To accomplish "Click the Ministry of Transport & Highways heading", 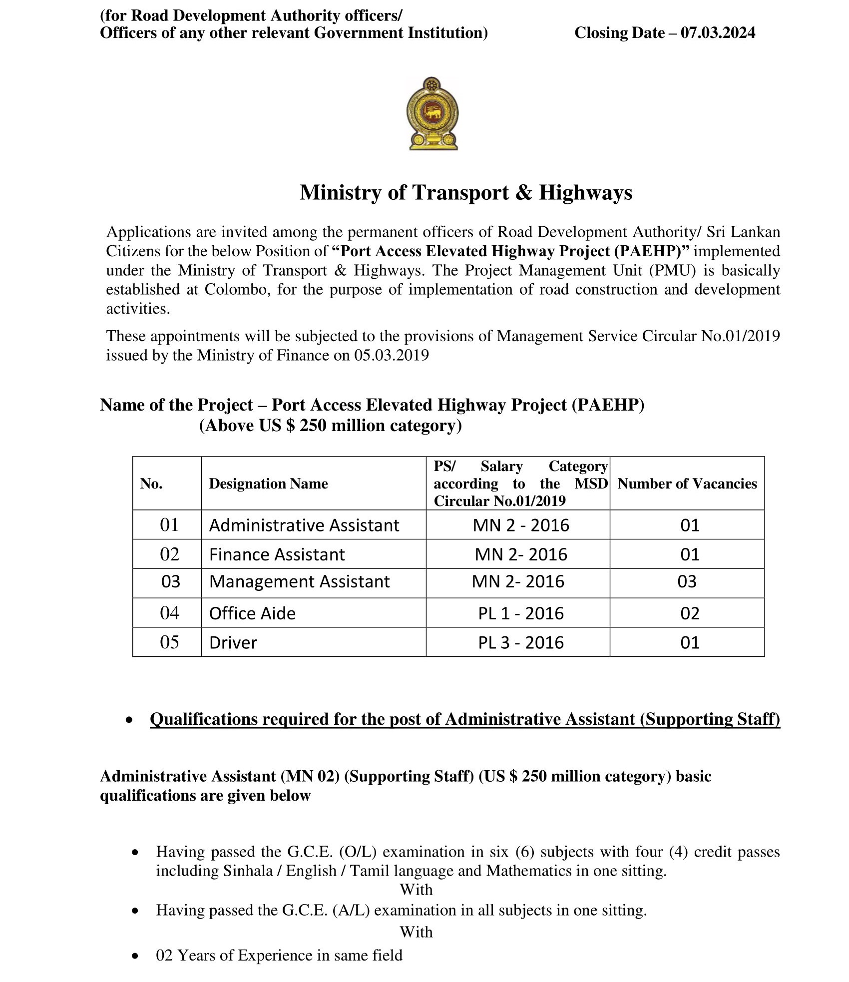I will tap(465, 193).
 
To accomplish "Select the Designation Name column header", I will tap(268, 484).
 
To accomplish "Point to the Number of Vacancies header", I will tap(687, 484).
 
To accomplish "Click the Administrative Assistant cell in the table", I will tap(304, 525).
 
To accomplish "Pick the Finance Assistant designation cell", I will tap(277, 554).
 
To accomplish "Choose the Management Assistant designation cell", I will tap(299, 582).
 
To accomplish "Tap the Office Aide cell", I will tap(252, 613).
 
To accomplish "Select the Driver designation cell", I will tap(233, 642).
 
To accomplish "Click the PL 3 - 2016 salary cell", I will tap(521, 642).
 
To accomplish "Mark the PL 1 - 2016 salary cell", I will tap(521, 613).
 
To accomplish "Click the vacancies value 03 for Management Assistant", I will tap(687, 582).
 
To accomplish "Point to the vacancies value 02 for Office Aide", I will tap(690, 613).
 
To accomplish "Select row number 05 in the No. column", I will tap(169, 642).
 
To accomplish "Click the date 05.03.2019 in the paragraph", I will tap(392, 355).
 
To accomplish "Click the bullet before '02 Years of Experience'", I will tap(135, 956).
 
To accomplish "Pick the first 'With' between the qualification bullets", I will tap(416, 890).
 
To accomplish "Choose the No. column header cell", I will tap(151, 484).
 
